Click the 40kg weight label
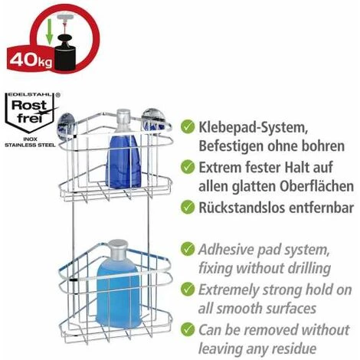[x=31, y=61]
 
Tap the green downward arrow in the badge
[x=49, y=31]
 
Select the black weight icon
[x=65, y=53]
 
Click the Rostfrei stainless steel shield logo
[x=30, y=113]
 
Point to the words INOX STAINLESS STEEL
[x=30, y=142]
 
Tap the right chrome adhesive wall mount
[x=152, y=119]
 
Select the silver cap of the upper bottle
[x=123, y=117]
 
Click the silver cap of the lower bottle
[x=117, y=249]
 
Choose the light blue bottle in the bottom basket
[x=118, y=293]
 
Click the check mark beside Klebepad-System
[x=188, y=126]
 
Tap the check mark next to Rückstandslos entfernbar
[x=188, y=207]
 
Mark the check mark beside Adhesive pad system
[x=188, y=249]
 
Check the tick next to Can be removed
[x=188, y=329]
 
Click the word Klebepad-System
[x=253, y=127]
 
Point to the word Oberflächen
[x=316, y=186]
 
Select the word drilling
[x=309, y=269]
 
